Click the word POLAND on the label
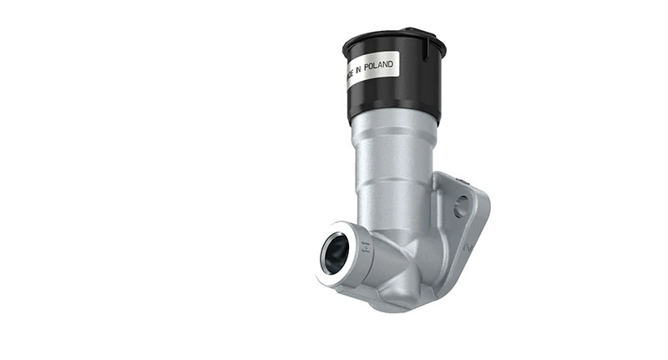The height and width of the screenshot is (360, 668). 377,67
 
